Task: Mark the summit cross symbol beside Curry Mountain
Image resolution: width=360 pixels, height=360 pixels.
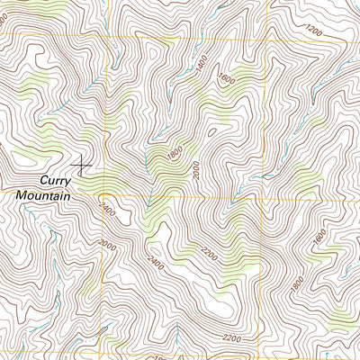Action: (x=83, y=163)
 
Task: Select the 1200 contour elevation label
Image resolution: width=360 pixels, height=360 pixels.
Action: (x=312, y=31)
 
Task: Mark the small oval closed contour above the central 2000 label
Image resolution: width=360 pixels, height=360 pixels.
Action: (x=211, y=133)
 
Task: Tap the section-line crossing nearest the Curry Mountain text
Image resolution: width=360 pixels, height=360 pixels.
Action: (x=105, y=196)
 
